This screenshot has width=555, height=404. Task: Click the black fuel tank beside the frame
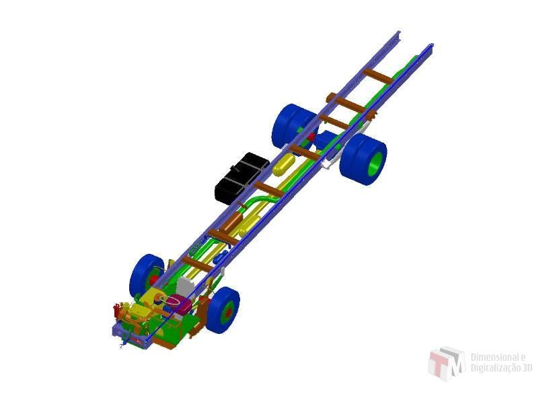[x=242, y=178]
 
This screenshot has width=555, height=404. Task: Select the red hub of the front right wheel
[x=229, y=312]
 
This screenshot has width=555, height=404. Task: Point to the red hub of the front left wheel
[x=153, y=280]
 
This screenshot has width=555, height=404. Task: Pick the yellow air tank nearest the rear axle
[x=283, y=164]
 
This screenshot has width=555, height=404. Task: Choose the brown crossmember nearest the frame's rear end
[x=378, y=76]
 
